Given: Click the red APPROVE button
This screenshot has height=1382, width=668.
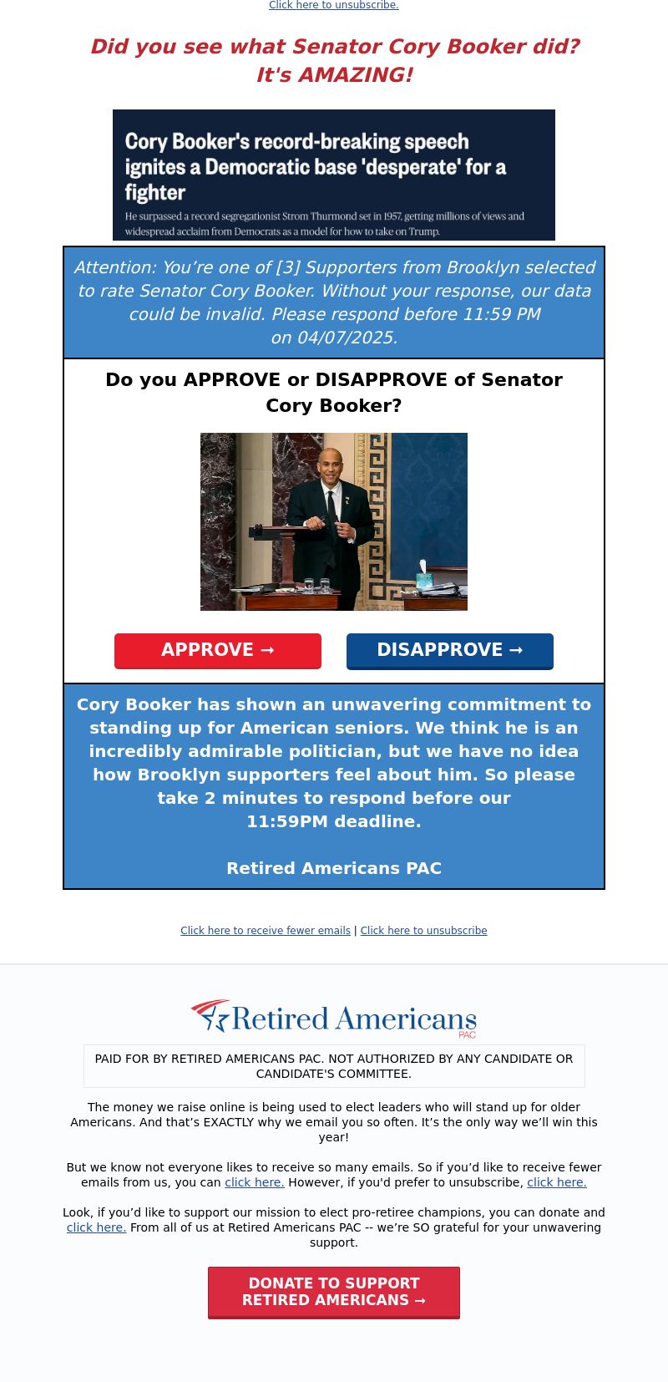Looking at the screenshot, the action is point(218,650).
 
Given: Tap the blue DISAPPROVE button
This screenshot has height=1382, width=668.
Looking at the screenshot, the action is point(450,650).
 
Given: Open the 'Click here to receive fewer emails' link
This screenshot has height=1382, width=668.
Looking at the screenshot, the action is point(266,930).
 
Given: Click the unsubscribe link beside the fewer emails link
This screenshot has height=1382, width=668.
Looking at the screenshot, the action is point(423,930).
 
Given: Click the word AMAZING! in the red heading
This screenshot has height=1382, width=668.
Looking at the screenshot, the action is point(355,74).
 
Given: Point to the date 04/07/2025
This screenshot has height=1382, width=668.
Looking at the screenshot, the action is point(347,338).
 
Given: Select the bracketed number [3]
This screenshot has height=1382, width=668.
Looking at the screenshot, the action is point(287,267).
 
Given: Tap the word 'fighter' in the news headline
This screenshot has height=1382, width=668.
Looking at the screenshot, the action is point(154,192).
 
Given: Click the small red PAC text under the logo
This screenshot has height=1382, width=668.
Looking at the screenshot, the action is point(467,1034).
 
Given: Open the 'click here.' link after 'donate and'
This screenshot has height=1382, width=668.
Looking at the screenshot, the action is point(96,1227).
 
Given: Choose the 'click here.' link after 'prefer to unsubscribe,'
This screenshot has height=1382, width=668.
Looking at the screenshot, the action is point(556,1182).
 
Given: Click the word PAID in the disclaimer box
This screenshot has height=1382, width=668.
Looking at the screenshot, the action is point(108,1059).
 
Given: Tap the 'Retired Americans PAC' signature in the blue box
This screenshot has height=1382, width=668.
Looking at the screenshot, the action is point(334,868).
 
